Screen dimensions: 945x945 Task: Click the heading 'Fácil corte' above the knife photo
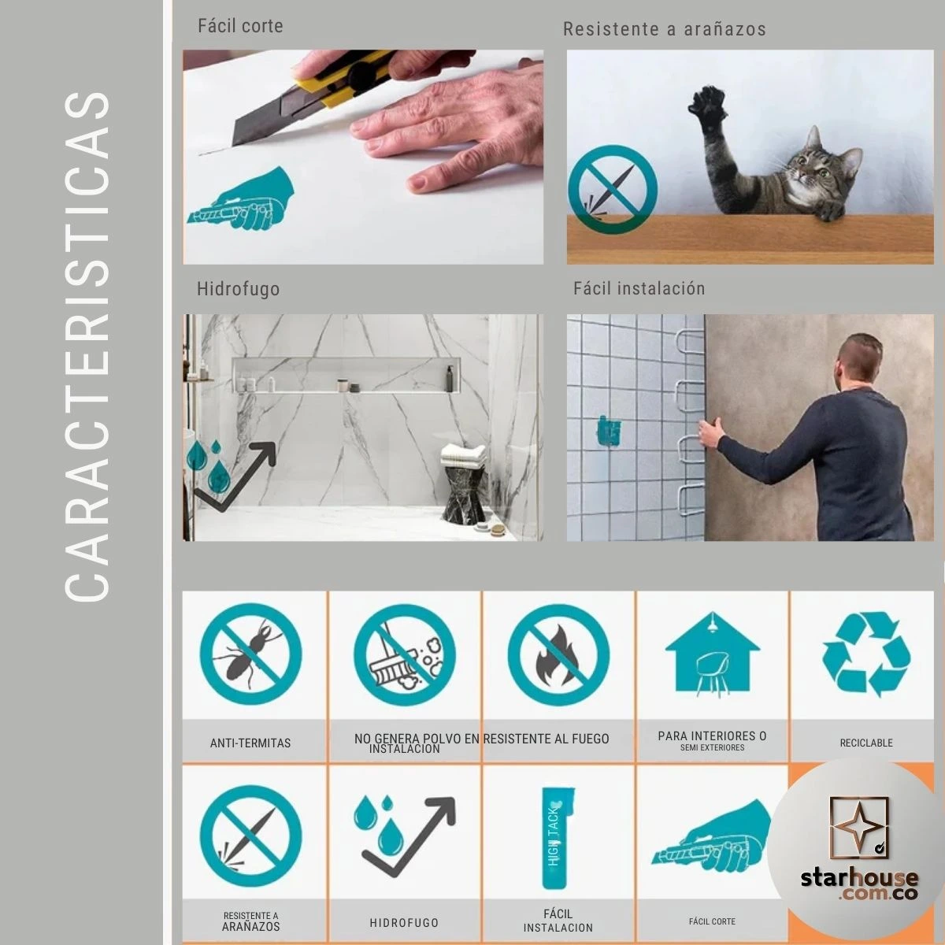pos(240,26)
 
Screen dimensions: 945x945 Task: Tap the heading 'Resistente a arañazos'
pos(665,29)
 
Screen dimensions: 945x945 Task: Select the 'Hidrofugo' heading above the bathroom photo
pos(239,289)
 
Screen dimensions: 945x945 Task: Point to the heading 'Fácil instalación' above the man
pos(639,288)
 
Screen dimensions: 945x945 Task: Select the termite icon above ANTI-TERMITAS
pos(250,654)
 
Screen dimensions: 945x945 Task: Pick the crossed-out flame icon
pos(558,654)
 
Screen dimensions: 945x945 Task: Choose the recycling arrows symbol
pos(866,654)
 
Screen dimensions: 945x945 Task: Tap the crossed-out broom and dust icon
pos(405,654)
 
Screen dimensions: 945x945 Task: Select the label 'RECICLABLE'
pos(866,743)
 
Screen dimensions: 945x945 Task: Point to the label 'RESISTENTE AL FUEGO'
pos(546,739)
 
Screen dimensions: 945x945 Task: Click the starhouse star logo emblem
pos(858,828)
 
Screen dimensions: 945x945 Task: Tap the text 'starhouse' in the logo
pos(859,878)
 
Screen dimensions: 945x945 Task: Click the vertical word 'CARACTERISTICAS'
pos(87,346)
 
